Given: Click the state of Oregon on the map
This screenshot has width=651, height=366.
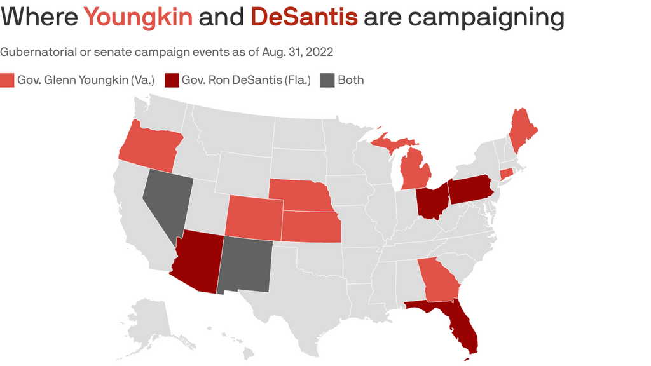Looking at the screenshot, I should coord(148,146).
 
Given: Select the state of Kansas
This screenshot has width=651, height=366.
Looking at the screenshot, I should coord(310,226).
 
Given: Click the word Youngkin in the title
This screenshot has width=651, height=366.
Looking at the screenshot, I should coord(138,17).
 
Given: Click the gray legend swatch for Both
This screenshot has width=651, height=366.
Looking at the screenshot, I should coord(326,80).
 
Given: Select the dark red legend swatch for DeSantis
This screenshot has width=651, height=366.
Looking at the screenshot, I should coord(171,80).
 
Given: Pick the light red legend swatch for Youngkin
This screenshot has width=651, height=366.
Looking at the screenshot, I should coord(7,80).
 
